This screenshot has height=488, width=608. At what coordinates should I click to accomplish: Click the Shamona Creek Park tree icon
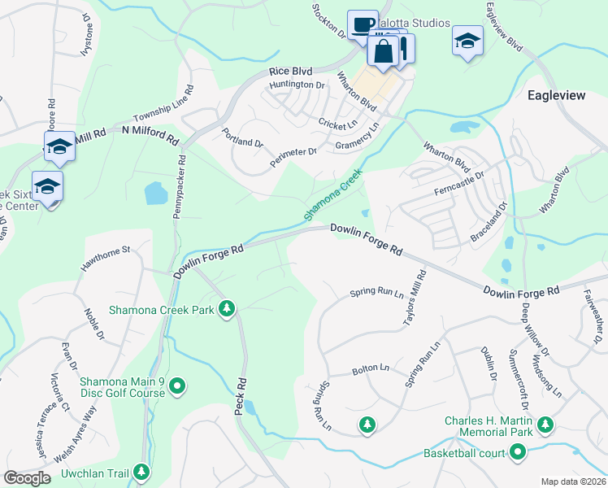click(x=228, y=308)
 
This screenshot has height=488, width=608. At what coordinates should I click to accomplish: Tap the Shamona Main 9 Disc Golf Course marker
click(x=180, y=386)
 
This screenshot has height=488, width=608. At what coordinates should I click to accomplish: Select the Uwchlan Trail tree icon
click(x=141, y=472)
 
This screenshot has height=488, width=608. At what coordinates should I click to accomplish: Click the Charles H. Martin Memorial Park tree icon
click(x=545, y=425)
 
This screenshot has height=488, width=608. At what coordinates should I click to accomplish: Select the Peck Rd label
click(x=241, y=396)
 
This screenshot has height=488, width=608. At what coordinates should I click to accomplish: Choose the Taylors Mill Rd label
click(x=414, y=299)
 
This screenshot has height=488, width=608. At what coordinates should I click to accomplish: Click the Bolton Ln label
click(x=367, y=370)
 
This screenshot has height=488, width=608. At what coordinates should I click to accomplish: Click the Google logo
click(x=27, y=478)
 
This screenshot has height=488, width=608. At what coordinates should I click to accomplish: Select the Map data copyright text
click(x=574, y=481)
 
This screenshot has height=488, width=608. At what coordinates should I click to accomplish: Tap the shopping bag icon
click(x=383, y=51)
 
